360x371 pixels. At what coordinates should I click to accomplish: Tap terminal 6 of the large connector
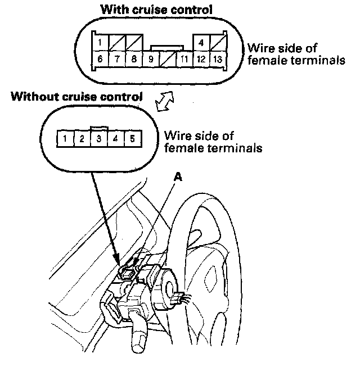point(100,58)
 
